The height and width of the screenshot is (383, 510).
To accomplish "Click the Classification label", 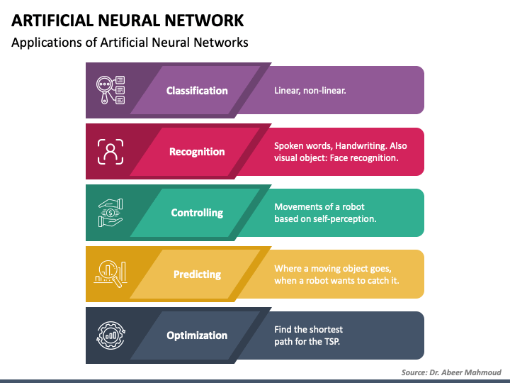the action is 197,91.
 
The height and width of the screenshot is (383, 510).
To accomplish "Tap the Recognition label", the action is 197,152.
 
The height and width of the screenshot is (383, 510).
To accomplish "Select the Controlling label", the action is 197,213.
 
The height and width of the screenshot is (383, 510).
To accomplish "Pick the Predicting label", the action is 197,274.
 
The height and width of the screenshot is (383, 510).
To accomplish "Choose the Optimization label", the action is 197,335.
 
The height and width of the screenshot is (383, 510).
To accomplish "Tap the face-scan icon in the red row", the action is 110,152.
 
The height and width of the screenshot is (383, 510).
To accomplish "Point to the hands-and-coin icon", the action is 110,213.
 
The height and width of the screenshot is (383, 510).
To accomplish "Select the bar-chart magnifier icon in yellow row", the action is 110,274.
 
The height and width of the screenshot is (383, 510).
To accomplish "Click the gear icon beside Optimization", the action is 110,335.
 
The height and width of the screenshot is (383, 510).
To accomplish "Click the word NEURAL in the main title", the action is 129,21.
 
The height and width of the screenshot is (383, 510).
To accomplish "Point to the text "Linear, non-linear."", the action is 310,91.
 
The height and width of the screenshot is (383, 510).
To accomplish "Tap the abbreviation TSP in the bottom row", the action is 332,342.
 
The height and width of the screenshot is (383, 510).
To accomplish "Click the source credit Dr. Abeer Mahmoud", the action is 465,372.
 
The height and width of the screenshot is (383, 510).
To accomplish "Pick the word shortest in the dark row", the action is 324,330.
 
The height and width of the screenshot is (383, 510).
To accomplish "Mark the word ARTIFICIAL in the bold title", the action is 52,21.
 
